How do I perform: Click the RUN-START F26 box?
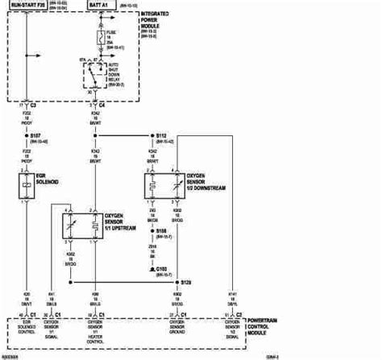27,6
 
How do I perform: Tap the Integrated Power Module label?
159,21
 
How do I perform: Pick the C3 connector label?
34,104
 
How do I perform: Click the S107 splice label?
35,138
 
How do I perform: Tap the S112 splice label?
160,137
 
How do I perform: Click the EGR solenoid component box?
27,184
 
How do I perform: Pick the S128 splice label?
186,283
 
